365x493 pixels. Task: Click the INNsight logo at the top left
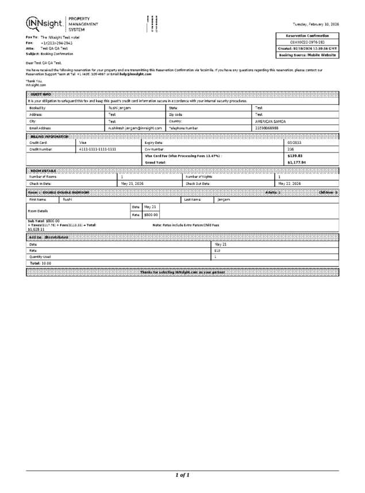point(46,23)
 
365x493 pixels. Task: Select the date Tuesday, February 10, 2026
point(316,24)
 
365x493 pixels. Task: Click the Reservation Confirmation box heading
point(308,36)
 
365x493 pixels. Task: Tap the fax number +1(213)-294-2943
point(57,43)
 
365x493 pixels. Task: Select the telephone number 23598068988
point(268,128)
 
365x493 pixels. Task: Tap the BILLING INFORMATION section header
point(49,136)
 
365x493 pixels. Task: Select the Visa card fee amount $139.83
point(295,156)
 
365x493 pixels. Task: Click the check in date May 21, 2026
point(132,183)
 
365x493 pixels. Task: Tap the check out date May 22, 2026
point(290,183)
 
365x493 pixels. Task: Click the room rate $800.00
point(151,215)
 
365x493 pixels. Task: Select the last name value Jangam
point(224,199)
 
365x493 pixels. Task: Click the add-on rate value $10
point(217,250)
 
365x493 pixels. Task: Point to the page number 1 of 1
point(182,475)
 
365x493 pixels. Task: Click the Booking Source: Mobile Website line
point(308,55)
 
